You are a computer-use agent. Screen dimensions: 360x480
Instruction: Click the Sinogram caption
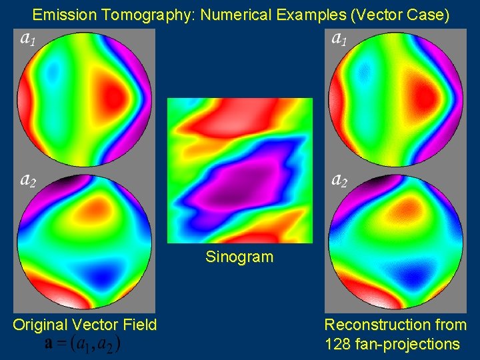(240, 257)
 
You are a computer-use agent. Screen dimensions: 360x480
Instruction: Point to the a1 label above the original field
(27, 39)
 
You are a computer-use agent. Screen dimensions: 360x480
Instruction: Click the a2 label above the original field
(27, 179)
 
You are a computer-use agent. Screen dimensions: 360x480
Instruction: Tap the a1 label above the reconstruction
(339, 39)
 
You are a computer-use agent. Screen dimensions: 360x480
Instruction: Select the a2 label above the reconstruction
(339, 179)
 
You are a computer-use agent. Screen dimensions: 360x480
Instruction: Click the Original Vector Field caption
(85, 325)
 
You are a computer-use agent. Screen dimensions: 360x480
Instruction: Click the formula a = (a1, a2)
(83, 343)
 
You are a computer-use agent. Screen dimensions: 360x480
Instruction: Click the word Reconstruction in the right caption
(377, 325)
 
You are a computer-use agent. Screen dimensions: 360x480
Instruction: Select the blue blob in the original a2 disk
(100, 273)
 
